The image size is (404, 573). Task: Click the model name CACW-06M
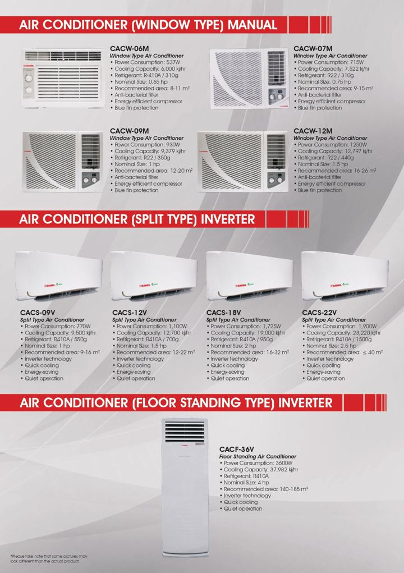click(x=129, y=49)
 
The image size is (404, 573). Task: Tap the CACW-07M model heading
click(x=313, y=49)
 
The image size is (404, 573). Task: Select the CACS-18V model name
click(x=223, y=313)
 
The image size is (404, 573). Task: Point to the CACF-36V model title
click(x=237, y=449)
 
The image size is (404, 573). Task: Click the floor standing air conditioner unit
click(x=185, y=493)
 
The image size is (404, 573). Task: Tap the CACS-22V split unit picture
click(x=345, y=276)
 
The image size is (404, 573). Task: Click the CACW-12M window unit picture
click(x=243, y=162)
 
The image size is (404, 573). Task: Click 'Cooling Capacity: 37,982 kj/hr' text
click(x=261, y=470)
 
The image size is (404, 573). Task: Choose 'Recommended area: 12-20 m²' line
click(x=153, y=171)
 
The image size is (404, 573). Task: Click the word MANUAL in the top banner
click(x=252, y=25)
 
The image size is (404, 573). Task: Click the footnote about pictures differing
click(x=49, y=558)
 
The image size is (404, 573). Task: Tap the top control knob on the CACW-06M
click(x=28, y=78)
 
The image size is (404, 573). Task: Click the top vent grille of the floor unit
click(x=185, y=432)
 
